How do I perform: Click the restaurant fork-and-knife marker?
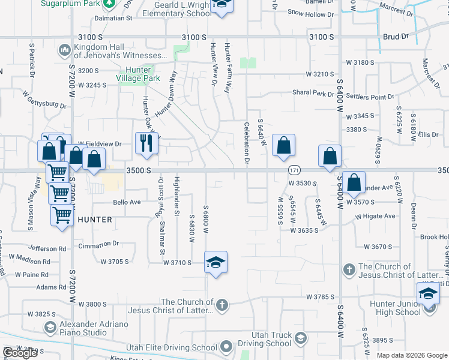[146, 143]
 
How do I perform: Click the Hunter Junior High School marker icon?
[428, 294]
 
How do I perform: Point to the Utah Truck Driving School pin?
[300, 340]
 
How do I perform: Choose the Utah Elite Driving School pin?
[226, 346]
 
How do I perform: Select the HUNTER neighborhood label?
[95, 220]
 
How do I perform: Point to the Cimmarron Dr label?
[99, 244]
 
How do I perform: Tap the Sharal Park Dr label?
[313, 94]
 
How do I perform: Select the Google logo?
[20, 352]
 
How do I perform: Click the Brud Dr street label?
[395, 37]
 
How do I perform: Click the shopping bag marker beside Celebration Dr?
[283, 145]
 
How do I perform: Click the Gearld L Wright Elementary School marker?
[221, 6]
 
